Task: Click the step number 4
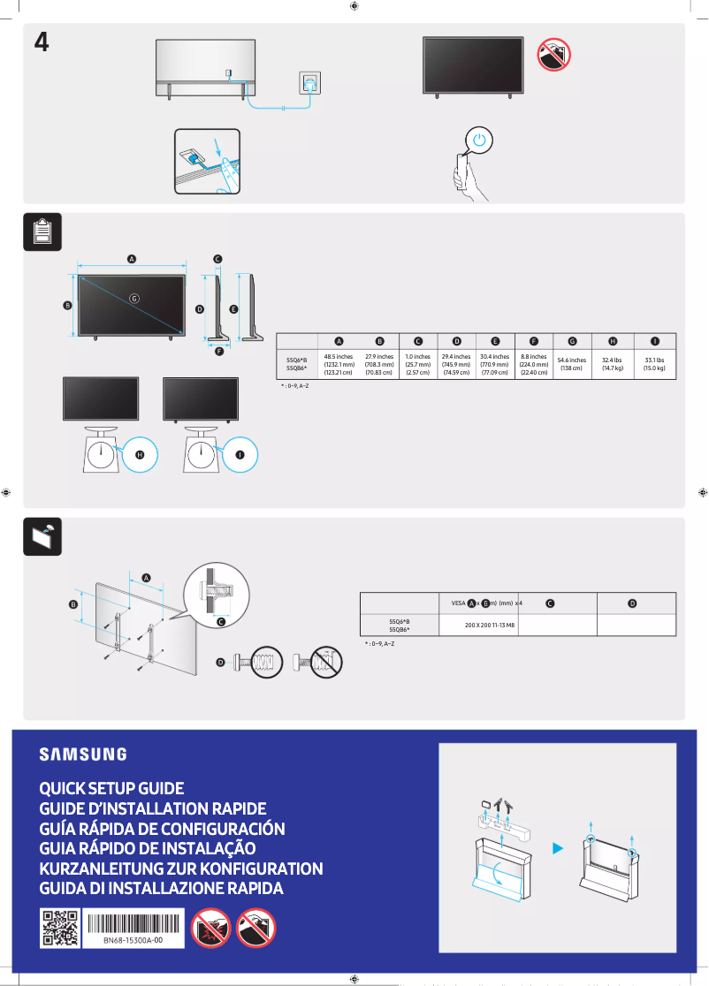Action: tap(41, 42)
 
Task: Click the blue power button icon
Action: tap(478, 140)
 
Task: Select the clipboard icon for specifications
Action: tap(42, 232)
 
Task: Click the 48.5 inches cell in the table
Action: tap(339, 364)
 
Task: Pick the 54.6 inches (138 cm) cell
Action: tap(572, 364)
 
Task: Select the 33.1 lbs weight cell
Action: tap(655, 364)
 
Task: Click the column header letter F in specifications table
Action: tap(533, 341)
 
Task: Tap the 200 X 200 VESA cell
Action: tap(490, 624)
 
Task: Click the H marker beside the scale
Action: tap(140, 454)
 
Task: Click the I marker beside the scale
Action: tap(240, 454)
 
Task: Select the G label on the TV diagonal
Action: tap(134, 298)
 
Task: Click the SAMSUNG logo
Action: tap(82, 754)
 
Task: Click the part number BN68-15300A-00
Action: tap(133, 940)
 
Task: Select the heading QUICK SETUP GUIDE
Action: tap(111, 788)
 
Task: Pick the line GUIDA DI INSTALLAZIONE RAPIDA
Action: tap(161, 889)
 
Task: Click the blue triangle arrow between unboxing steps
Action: tap(557, 848)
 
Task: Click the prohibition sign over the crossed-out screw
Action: tap(326, 660)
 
